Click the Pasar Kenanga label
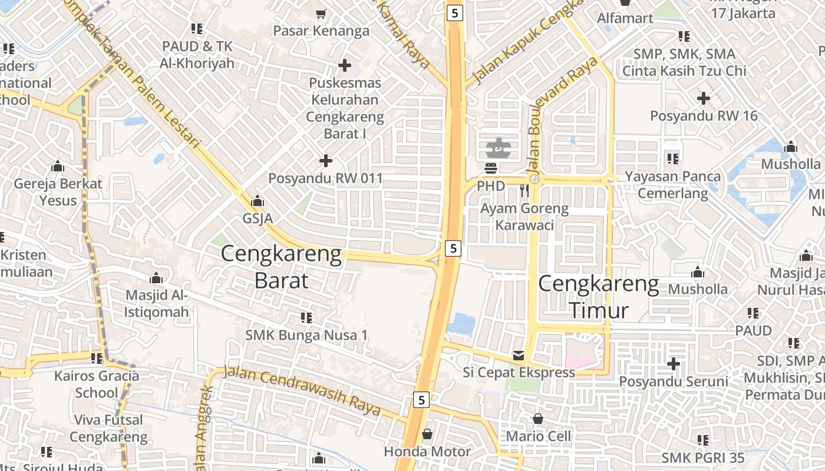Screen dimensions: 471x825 321,31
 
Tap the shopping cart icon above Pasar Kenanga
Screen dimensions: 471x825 321,14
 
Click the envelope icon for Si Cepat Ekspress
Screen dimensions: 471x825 519,356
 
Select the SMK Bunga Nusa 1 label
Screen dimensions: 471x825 306,335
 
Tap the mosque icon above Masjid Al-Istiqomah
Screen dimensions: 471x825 156,277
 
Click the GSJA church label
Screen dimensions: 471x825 258,218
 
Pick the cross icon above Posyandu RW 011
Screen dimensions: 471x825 326,160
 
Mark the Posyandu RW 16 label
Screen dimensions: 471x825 704,115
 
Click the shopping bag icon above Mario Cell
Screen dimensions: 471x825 538,419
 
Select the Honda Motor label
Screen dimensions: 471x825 427,452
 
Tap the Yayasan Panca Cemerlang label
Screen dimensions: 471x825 672,184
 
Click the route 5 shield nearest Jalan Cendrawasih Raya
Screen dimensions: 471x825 421,400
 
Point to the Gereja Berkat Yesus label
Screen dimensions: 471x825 58,192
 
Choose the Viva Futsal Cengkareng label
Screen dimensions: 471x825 108,429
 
